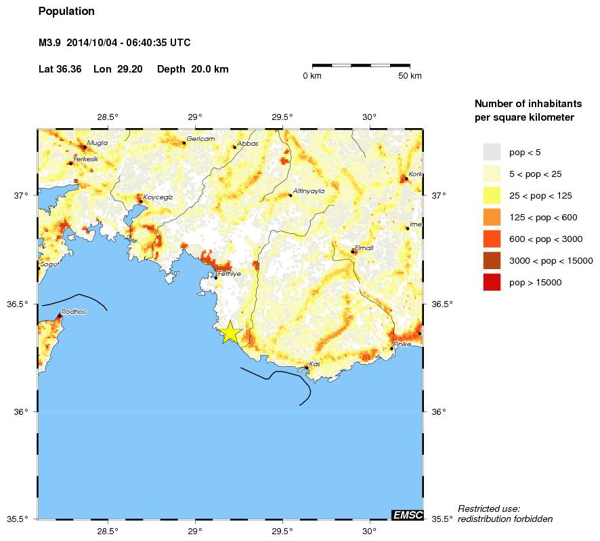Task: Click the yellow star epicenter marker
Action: (230, 332)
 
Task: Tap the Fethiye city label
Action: (230, 273)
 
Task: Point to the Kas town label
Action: (314, 364)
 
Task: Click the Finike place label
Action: (404, 344)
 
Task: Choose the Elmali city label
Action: (364, 247)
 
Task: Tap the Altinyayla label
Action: (309, 191)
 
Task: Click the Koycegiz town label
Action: (158, 197)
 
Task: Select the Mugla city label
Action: (98, 142)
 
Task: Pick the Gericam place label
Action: (200, 138)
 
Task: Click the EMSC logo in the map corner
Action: (408, 515)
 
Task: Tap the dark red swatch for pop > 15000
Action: (492, 282)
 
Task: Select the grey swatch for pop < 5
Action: (492, 152)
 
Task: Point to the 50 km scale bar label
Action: (409, 75)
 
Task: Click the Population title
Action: (66, 12)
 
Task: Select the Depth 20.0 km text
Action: (192, 69)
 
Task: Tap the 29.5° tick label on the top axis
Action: (282, 117)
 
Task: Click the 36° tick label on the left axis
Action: (22, 412)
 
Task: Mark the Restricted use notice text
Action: (505, 514)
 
